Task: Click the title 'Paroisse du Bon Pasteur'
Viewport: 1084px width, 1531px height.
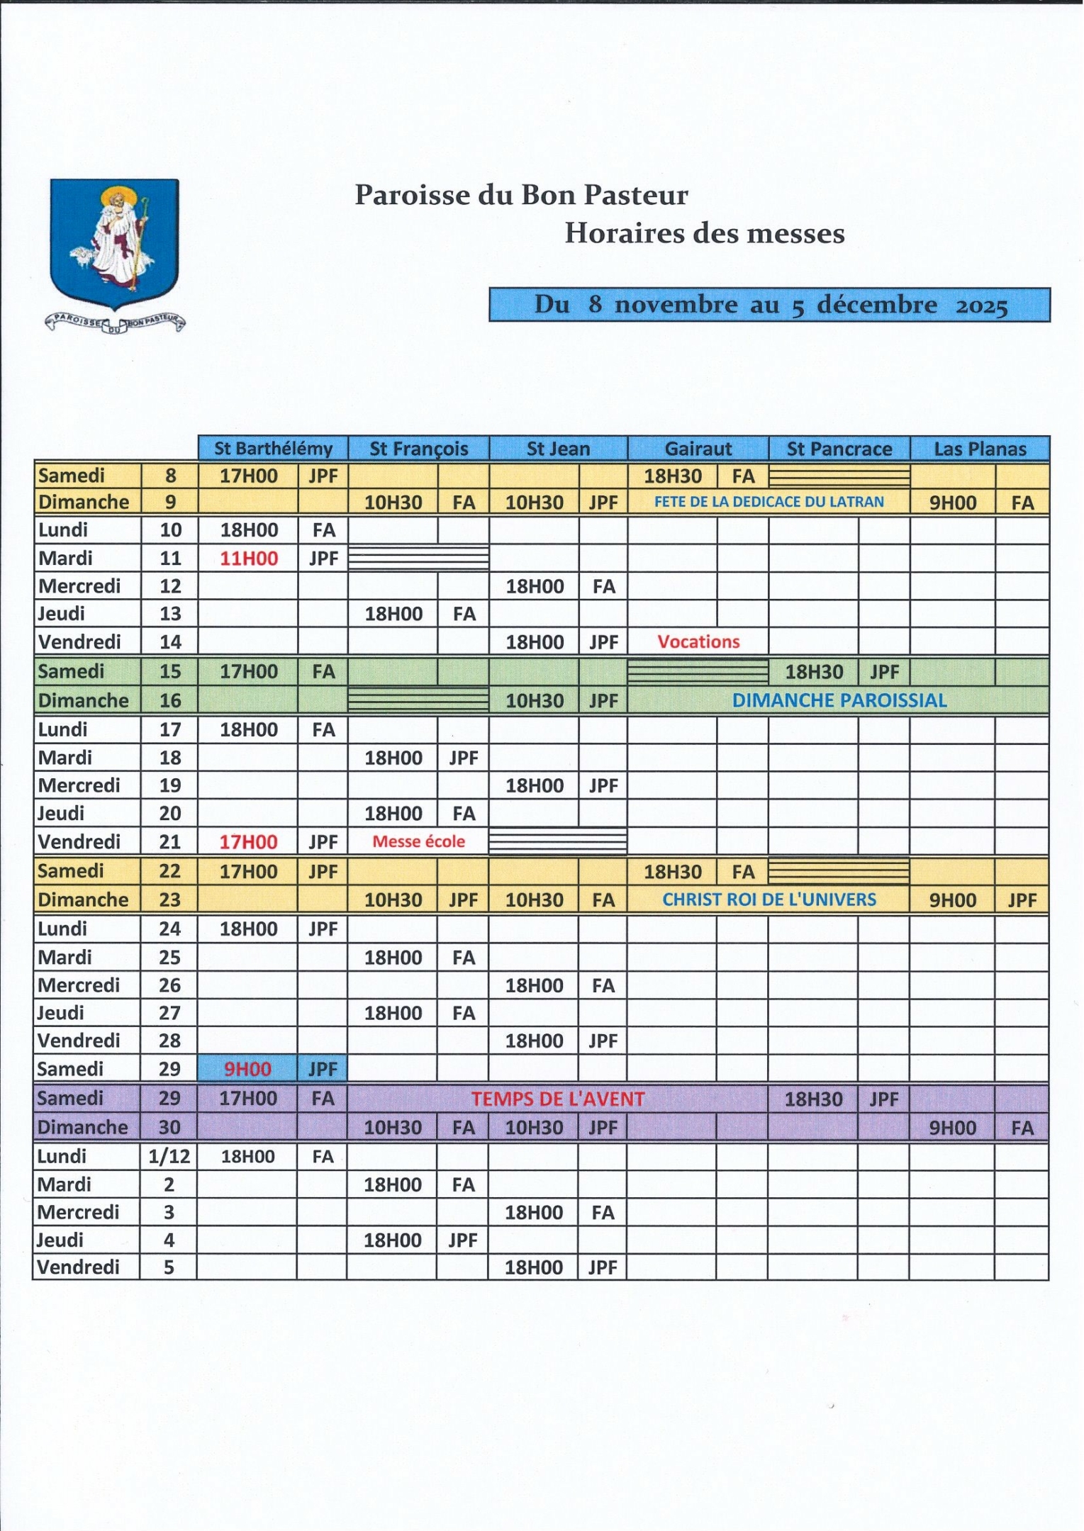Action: [521, 195]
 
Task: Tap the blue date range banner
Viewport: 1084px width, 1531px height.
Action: [769, 305]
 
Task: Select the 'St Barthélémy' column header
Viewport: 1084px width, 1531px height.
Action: [273, 449]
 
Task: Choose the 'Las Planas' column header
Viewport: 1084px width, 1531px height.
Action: [980, 449]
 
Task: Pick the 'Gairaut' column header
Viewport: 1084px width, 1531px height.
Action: [698, 449]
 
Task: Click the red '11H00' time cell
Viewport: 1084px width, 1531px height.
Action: [248, 559]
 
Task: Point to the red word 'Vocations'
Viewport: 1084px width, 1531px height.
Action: [698, 642]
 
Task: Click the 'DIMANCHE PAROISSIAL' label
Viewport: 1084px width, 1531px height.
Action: [839, 700]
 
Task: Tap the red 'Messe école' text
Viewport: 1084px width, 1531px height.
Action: [418, 842]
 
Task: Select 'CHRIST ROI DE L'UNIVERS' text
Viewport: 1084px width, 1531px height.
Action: [769, 899]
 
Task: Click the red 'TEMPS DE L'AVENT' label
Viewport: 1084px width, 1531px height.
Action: [558, 1099]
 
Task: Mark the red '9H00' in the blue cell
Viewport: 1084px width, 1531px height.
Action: [247, 1070]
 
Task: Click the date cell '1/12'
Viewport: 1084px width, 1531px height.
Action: [169, 1157]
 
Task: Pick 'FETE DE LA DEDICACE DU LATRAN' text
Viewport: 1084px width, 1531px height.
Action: [769, 502]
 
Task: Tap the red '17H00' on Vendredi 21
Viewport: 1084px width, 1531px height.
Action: [248, 842]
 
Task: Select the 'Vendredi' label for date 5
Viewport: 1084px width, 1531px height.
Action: [78, 1267]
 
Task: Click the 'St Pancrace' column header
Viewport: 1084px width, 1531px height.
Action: [839, 449]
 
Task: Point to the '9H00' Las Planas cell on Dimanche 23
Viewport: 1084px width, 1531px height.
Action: [952, 900]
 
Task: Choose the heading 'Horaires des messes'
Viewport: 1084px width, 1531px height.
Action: [704, 234]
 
